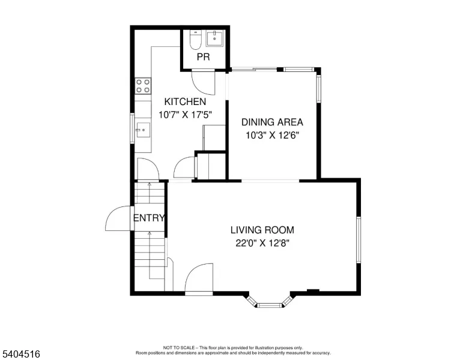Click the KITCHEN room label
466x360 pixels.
pos(185,101)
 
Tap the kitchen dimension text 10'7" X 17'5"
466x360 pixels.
pos(185,115)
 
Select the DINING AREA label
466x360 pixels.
pos(272,122)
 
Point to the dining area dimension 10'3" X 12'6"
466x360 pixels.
pos(272,135)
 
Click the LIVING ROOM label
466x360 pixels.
pos(262,230)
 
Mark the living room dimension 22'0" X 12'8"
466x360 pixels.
pos(262,243)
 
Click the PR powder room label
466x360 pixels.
pos(204,57)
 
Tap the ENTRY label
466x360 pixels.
pos(148,218)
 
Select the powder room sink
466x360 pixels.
pos(214,38)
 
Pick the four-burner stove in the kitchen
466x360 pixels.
pos(143,86)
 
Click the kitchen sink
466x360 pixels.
pos(143,130)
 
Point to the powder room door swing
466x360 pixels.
pos(204,83)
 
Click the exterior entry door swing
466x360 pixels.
pos(118,218)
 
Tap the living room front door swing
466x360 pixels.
pos(199,277)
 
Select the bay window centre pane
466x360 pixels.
pos(270,305)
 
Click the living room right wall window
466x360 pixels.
pos(359,240)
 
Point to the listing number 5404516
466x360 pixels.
pos(21,354)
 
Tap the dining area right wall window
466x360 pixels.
pos(319,89)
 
